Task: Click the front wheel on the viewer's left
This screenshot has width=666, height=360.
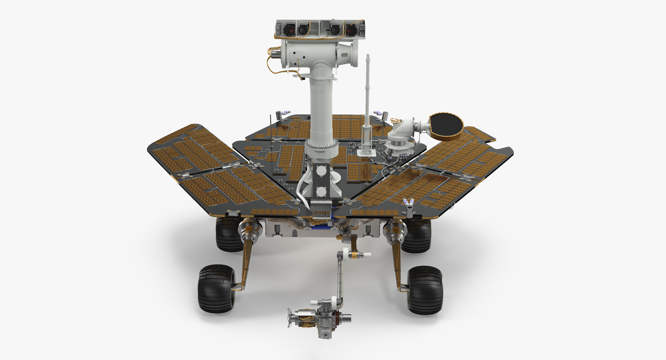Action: pos(216,288)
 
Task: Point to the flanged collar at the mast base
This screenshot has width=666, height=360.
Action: pos(321,149)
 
